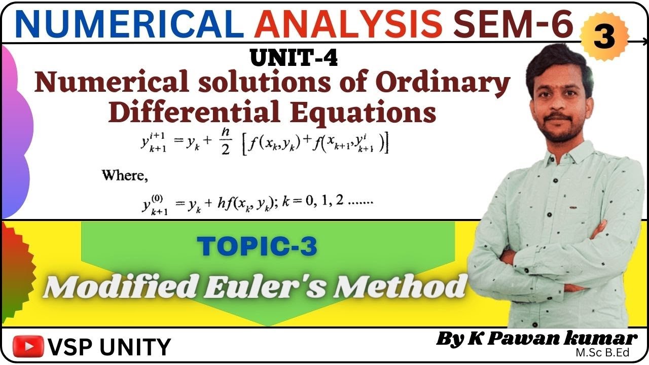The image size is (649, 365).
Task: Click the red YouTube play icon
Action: tap(28, 346)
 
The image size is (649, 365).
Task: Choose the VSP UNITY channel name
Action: tap(109, 347)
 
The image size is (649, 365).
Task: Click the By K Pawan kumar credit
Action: tap(536, 339)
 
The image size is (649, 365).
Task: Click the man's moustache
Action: tap(557, 118)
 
